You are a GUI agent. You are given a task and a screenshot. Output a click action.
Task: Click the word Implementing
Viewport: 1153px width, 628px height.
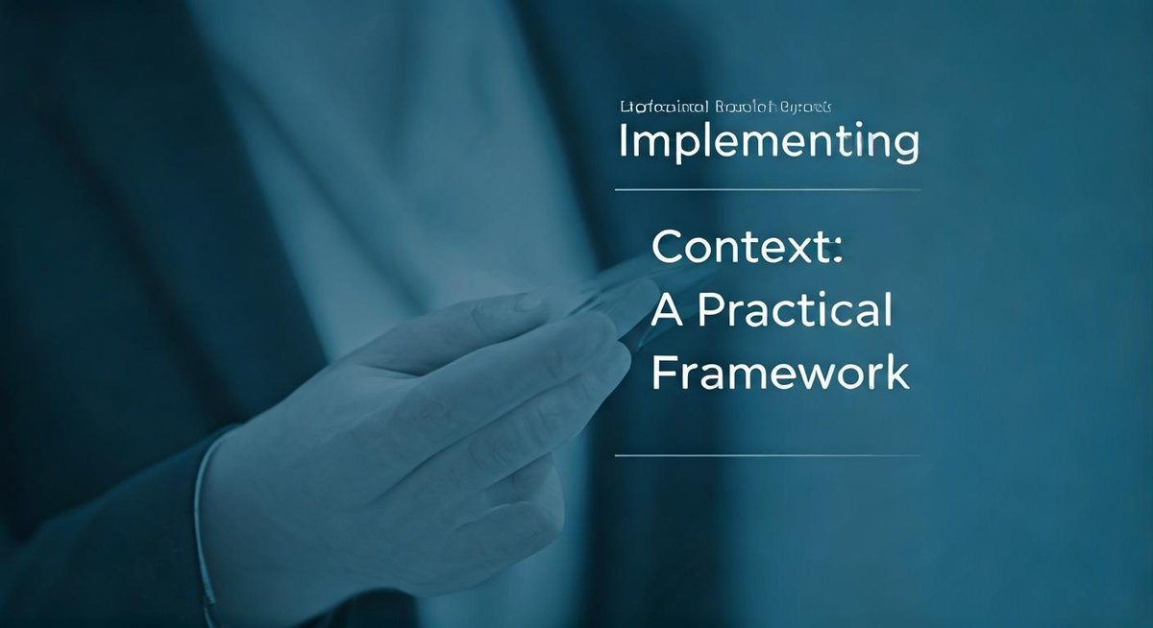(768, 142)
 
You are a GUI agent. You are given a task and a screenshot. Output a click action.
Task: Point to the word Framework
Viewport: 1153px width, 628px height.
(779, 373)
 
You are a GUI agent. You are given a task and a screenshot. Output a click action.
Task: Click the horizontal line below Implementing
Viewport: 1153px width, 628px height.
(767, 190)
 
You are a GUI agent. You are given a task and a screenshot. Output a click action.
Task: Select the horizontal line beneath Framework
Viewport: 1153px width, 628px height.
(767, 455)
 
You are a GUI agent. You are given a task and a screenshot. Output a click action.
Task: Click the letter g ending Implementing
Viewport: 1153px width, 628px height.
(904, 146)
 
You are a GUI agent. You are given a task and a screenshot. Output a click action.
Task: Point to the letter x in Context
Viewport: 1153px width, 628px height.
(795, 251)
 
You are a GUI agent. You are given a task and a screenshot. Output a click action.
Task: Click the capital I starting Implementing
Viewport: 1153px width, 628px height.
(624, 141)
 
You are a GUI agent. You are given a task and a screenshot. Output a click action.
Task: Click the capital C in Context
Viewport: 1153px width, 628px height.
(669, 249)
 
